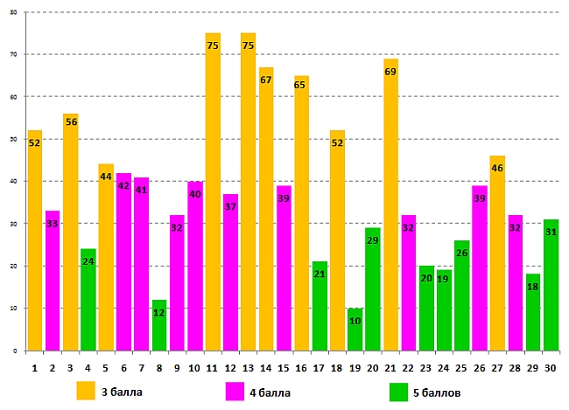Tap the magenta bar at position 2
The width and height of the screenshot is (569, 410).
click(x=53, y=280)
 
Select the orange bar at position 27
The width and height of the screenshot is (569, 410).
click(x=497, y=254)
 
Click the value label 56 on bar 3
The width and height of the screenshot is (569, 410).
click(x=71, y=122)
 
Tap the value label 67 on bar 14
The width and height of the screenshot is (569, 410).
click(x=266, y=80)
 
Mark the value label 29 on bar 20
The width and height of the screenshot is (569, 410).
click(x=372, y=215)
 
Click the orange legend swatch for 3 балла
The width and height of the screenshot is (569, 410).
click(x=86, y=390)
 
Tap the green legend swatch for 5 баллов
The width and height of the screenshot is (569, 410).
click(x=399, y=391)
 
